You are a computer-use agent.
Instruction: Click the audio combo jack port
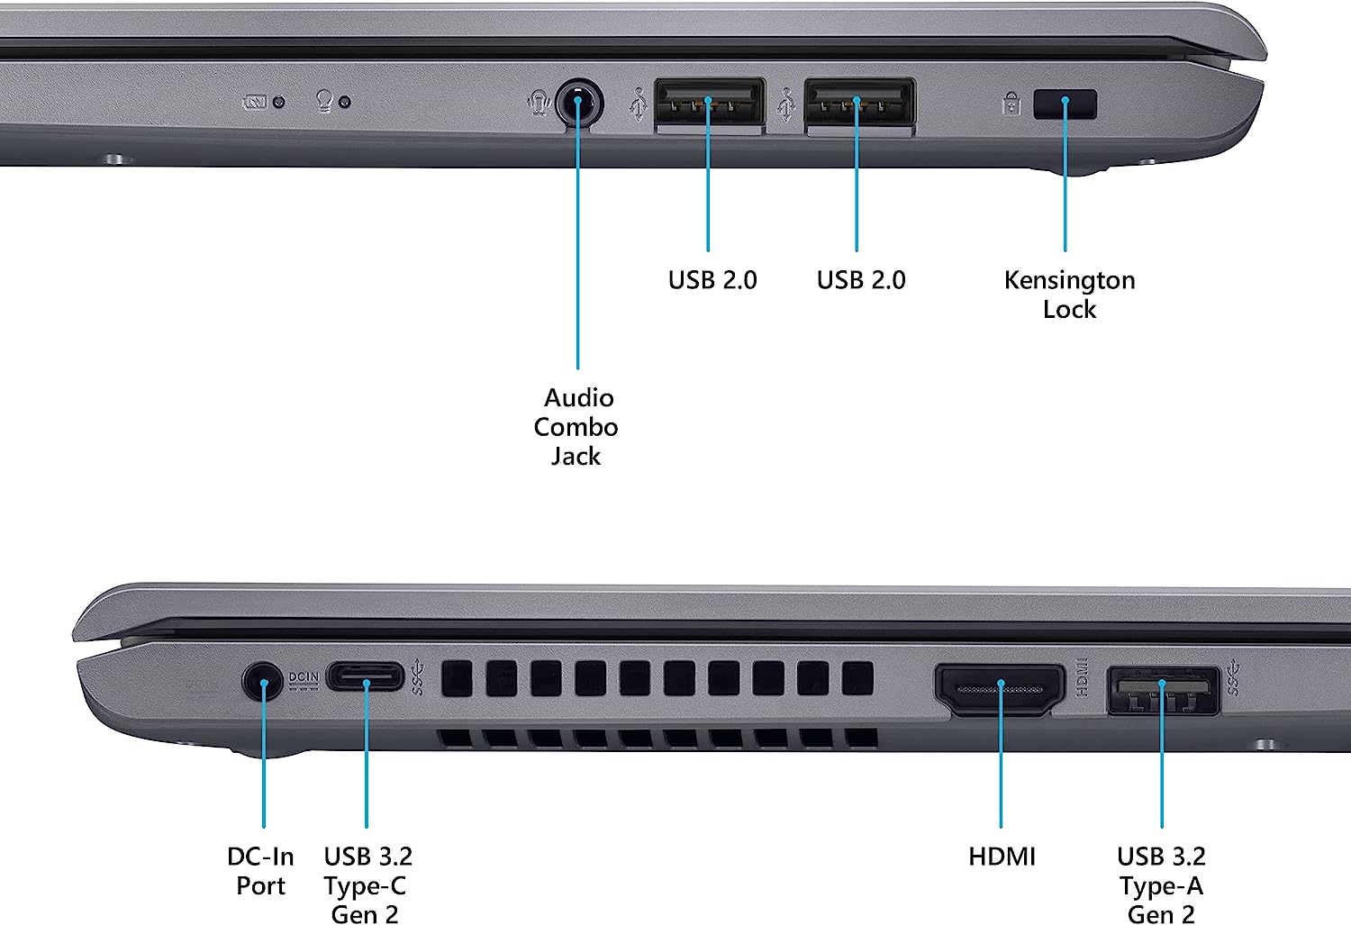[578, 104]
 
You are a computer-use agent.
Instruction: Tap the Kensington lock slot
[1065, 104]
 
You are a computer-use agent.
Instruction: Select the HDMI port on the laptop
[1000, 690]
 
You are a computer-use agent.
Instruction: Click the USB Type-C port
[365, 676]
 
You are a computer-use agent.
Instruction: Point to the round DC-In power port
[263, 682]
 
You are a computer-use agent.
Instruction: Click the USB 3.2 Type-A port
[1162, 690]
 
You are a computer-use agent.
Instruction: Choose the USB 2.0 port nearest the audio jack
[710, 104]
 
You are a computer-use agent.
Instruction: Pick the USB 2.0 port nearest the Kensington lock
[859, 104]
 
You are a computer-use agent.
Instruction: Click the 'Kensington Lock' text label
[1069, 295]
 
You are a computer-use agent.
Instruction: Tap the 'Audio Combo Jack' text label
[576, 427]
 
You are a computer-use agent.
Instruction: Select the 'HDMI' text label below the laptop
[1002, 857]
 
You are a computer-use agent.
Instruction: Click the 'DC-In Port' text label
[260, 871]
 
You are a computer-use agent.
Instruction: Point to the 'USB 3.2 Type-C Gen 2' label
[367, 885]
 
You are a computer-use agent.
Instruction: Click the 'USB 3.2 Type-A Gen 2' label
[1161, 885]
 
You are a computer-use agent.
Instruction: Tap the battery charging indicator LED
[278, 103]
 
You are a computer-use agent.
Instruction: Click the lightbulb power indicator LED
[345, 103]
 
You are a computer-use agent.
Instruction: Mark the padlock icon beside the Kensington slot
[1011, 104]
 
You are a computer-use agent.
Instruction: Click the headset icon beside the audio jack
[539, 103]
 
